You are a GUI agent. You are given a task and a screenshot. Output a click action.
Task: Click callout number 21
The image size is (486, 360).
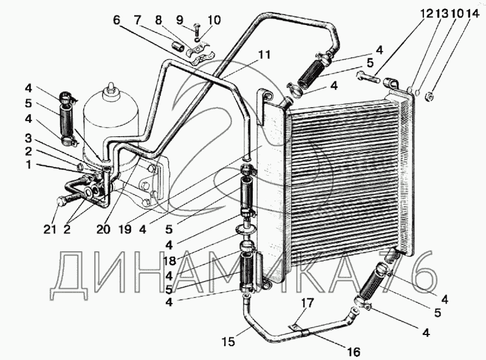pyautogui.click(x=50, y=230)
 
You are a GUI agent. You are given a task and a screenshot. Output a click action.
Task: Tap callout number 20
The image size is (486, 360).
pyautogui.click(x=103, y=230)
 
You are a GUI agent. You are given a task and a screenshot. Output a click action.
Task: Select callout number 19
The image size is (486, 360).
pyautogui.click(x=125, y=230)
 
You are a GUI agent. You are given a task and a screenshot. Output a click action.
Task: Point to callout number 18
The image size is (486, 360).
pyautogui.click(x=169, y=261)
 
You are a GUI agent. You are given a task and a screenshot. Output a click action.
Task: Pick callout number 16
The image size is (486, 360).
pyautogui.click(x=354, y=352)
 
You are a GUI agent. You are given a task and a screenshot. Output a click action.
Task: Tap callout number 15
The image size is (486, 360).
pyautogui.click(x=228, y=342)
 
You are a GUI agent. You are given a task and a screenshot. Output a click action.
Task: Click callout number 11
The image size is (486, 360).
pyautogui.click(x=264, y=55)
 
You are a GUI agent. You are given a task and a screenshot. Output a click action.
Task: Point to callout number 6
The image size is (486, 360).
pyautogui.click(x=116, y=20)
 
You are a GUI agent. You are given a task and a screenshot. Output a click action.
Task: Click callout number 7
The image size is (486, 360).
pyautogui.click(x=137, y=20)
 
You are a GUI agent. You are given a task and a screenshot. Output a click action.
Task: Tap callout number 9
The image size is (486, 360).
pyautogui.click(x=180, y=20)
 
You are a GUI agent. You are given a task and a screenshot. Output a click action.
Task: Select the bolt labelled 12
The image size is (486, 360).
pyautogui.click(x=368, y=77)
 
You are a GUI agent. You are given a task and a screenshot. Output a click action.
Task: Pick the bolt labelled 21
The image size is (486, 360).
pyautogui.click(x=64, y=202)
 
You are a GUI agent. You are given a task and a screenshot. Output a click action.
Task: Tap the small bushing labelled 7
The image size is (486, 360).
pyautogui.click(x=178, y=48)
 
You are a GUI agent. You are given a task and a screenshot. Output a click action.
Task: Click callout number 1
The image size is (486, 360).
pyautogui.click(x=29, y=164)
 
